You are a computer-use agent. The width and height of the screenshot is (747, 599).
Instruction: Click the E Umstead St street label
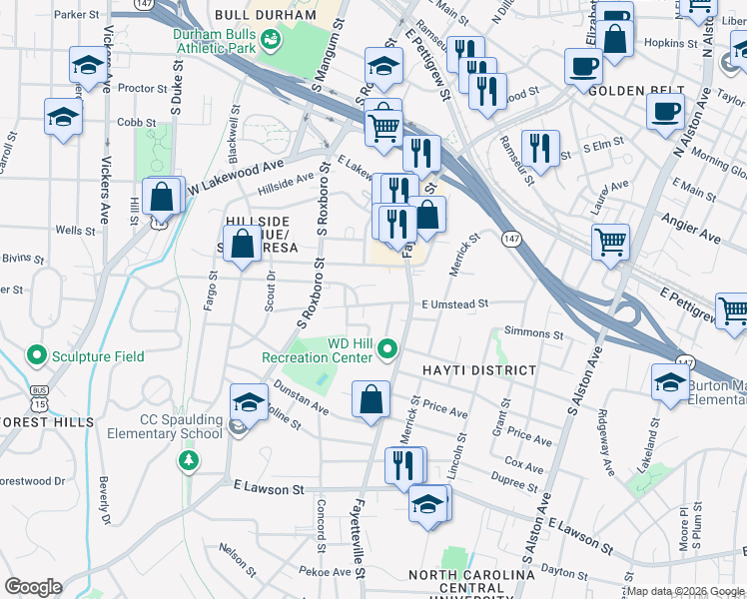tap(454, 303)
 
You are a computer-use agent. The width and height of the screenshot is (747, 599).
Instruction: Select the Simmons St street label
tap(534, 332)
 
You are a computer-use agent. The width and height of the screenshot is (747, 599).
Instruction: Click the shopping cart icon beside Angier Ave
tap(610, 241)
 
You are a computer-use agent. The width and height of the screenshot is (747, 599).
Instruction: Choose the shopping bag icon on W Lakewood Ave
tap(162, 196)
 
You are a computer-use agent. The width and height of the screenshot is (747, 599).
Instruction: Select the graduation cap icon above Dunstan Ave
tap(249, 402)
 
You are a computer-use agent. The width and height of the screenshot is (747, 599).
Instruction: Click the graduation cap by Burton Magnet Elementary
tap(669, 382)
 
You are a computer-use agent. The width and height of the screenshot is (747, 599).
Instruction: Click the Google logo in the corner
tap(33, 587)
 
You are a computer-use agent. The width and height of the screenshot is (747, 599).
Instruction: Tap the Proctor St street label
tap(142, 88)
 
